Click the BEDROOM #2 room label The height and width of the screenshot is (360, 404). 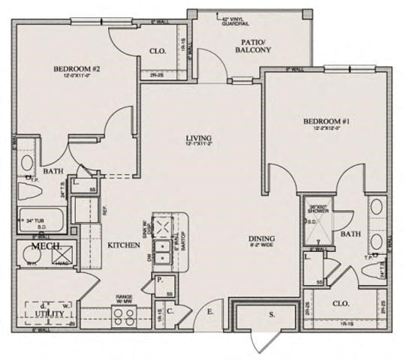tap(77, 70)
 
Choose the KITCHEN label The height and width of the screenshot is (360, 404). tap(122, 245)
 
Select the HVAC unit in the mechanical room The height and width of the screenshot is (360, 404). tap(63, 256)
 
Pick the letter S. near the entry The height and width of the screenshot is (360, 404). tap(272, 314)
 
